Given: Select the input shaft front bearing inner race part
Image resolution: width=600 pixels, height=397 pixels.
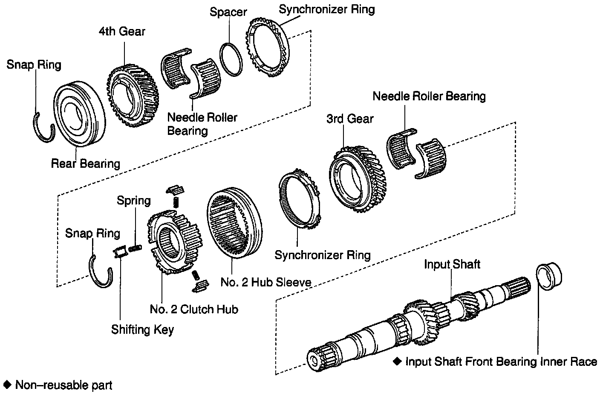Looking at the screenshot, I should [549, 278].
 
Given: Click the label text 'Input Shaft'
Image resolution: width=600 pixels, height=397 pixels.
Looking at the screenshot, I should [452, 264].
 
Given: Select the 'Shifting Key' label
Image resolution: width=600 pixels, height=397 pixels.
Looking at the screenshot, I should [142, 330].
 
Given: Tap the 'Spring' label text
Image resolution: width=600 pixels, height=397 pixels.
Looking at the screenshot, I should [134, 201].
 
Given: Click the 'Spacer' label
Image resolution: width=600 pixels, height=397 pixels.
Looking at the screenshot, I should [228, 12].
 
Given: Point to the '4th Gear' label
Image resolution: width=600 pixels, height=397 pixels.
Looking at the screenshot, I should [122, 31].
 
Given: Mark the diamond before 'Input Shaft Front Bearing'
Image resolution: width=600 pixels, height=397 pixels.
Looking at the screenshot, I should [397, 361].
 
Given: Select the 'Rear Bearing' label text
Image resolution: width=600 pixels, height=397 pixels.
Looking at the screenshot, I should [86, 163].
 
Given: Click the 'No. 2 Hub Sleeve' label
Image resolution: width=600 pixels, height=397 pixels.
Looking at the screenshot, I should [266, 282].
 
